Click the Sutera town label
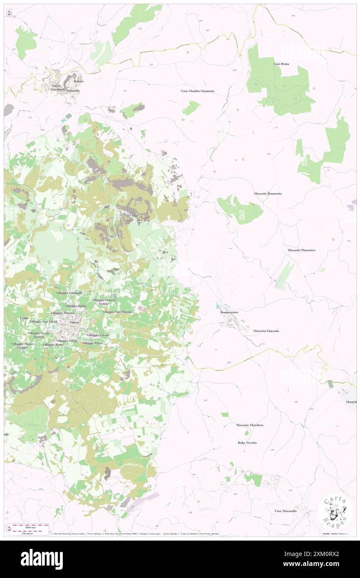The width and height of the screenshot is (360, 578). [56, 86]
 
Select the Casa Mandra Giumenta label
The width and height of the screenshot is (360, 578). [197, 91]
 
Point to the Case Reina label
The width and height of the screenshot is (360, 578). [281, 64]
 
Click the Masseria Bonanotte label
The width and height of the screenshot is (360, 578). [268, 194]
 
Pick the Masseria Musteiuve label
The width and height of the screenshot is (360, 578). [301, 250]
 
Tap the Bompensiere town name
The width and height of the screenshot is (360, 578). [229, 311]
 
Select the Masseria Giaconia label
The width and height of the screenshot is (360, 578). [266, 331]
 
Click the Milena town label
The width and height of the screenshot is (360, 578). [74, 323]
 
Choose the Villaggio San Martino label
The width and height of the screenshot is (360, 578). [118, 312]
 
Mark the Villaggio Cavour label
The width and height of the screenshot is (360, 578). [98, 335]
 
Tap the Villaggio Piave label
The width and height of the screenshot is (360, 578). [92, 343]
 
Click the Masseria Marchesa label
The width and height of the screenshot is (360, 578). [249, 425]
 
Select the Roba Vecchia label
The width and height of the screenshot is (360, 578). [247, 443]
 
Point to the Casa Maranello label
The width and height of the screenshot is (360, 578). [286, 511]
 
